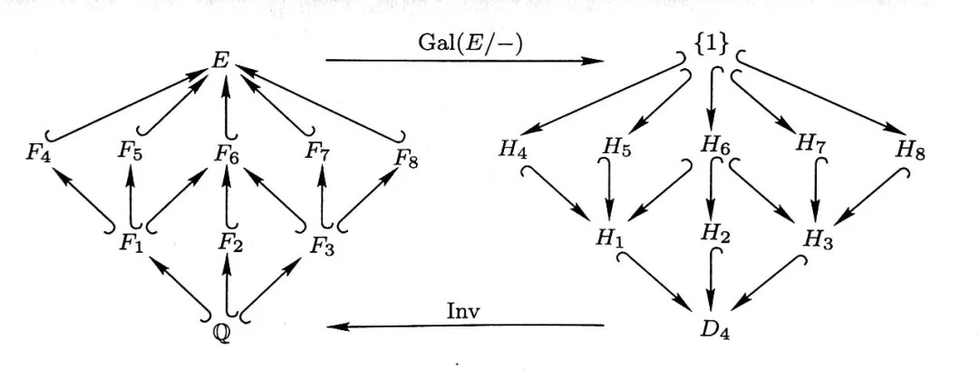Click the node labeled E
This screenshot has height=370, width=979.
(222, 61)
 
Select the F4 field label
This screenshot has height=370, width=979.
(38, 154)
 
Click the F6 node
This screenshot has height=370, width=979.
(227, 154)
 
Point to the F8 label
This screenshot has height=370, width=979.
(406, 159)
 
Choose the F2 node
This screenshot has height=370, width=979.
(229, 241)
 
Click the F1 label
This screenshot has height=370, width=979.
(131, 242)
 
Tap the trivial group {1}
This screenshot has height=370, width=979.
(711, 44)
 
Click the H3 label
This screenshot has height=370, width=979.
(818, 239)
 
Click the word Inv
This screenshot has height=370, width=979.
(463, 311)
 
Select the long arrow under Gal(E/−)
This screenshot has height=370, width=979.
(465, 61)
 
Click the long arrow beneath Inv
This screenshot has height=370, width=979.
(465, 326)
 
